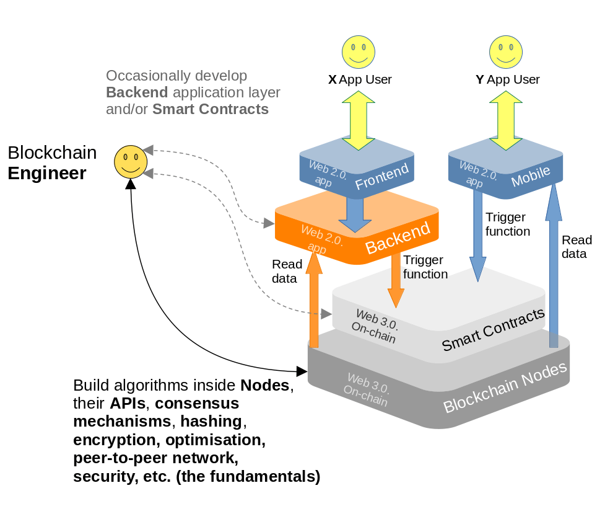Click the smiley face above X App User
pyautogui.click(x=359, y=52)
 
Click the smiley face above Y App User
pyautogui.click(x=506, y=52)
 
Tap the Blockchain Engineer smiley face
pyautogui.click(x=131, y=162)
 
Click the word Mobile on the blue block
pyautogui.click(x=530, y=176)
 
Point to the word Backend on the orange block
pyautogui.click(x=397, y=238)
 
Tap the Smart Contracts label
pyautogui.click(x=493, y=329)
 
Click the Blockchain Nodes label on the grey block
pyautogui.click(x=505, y=387)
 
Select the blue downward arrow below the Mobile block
pyautogui.click(x=477, y=236)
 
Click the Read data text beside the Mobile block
pyautogui.click(x=576, y=247)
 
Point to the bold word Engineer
pyautogui.click(x=47, y=173)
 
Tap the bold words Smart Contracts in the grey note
pyautogui.click(x=211, y=109)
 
